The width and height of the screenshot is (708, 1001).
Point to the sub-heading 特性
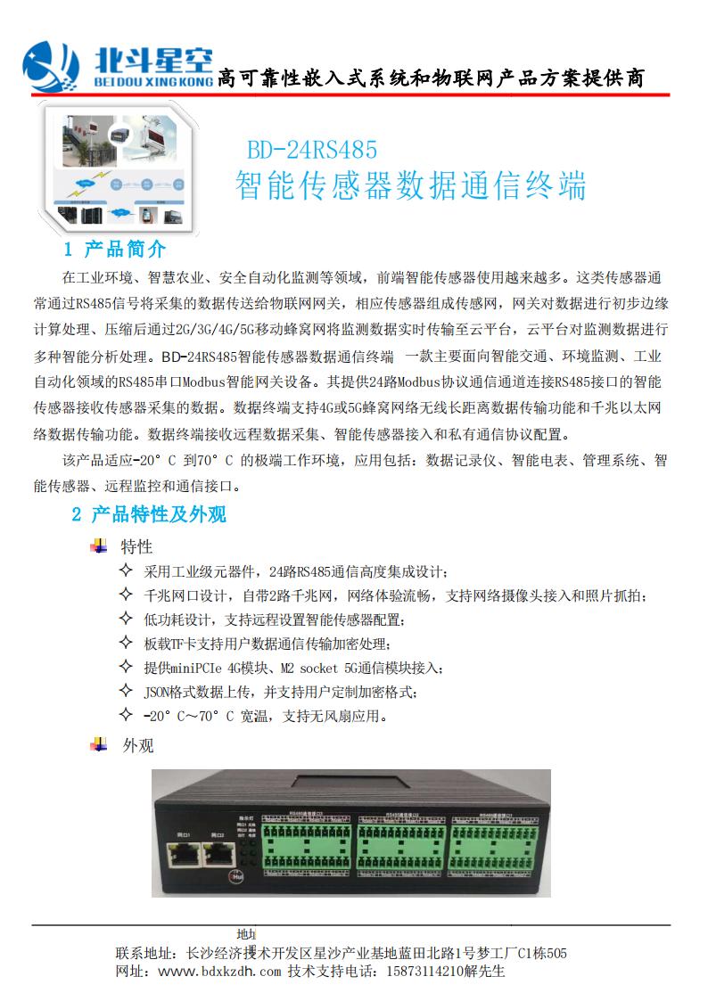136,546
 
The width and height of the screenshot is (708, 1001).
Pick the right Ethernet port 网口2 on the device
218,855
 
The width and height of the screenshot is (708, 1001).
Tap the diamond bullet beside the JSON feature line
125,691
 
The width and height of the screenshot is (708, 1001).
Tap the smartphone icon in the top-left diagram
147,215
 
